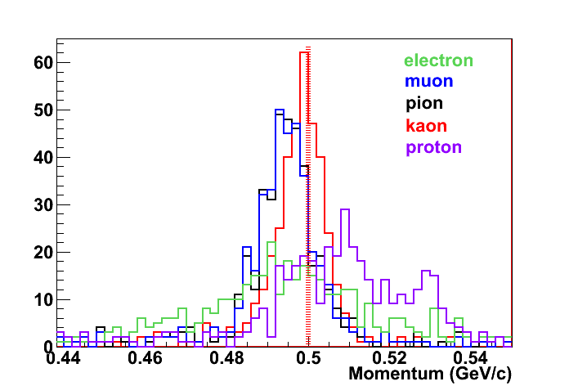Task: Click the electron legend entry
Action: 438,61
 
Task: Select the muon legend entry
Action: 428,82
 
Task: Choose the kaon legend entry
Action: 425,125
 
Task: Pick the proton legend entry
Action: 433,147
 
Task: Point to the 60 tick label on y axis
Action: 43,62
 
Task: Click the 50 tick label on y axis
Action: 43,110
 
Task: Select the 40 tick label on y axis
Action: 43,157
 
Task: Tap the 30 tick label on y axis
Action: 43,204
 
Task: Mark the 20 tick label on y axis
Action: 43,252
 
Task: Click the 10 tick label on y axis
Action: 43,299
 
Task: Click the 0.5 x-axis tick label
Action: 308,358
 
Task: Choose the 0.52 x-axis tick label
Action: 389,358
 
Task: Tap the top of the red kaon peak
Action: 304,52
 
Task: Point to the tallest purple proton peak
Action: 345,209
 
